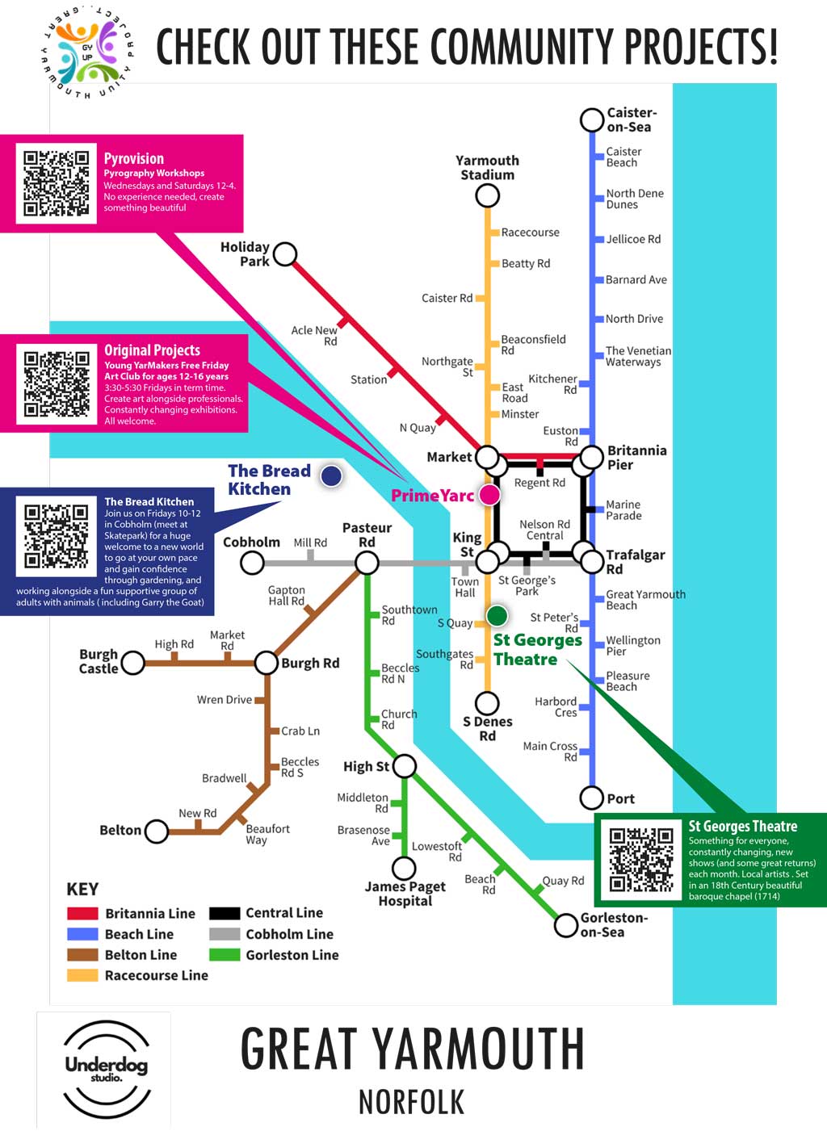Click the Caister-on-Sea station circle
click(x=592, y=119)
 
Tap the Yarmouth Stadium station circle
click(x=487, y=195)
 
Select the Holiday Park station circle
click(x=285, y=254)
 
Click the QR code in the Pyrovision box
click(x=57, y=183)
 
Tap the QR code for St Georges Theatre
click(x=641, y=859)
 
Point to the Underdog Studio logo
click(x=106, y=1068)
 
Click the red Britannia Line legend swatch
click(x=82, y=914)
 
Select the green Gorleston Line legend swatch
click(x=225, y=955)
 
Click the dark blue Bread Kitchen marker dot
click(x=330, y=476)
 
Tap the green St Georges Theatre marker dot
click(x=497, y=616)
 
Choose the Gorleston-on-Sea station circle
click(x=565, y=925)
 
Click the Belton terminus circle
click(x=157, y=831)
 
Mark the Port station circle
click(x=592, y=798)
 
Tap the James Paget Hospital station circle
click(x=404, y=868)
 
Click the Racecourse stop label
click(x=530, y=232)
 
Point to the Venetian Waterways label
click(x=638, y=356)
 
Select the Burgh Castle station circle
click(x=132, y=663)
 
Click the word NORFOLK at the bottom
click(x=411, y=1102)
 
